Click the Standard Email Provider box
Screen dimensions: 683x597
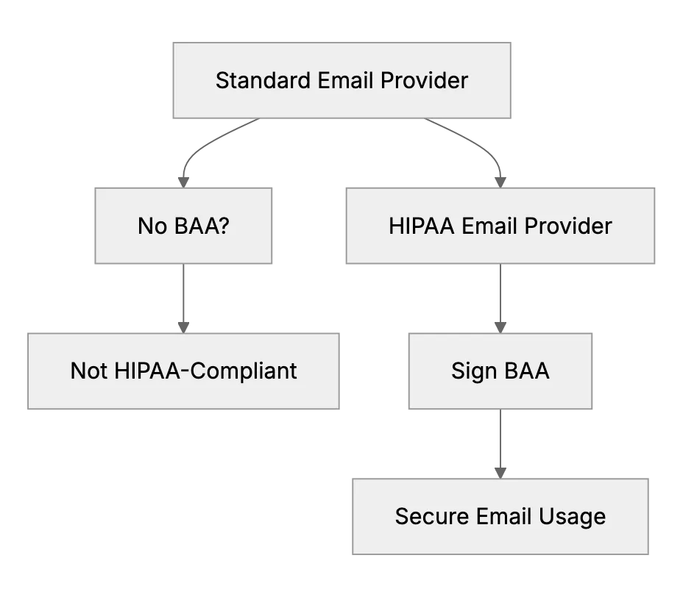(342, 80)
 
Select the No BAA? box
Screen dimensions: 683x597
(183, 226)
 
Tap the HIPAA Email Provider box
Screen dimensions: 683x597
(500, 226)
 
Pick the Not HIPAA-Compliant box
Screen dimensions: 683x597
(183, 371)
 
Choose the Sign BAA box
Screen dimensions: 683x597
(500, 371)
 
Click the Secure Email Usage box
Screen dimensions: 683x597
(500, 517)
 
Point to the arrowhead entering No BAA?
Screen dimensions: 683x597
(183, 183)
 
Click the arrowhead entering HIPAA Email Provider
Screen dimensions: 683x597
(500, 183)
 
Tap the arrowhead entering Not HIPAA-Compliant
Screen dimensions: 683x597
(183, 328)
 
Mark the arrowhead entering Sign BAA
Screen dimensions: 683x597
(500, 328)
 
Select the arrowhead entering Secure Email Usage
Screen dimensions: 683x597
(500, 473)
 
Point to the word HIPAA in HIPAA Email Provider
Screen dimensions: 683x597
(421, 226)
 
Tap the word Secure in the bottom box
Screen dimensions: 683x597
(432, 517)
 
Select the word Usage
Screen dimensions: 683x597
(572, 518)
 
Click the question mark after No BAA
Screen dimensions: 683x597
(224, 226)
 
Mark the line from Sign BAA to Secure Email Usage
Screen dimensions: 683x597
(500, 439)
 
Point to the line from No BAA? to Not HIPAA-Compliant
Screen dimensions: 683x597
(183, 293)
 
